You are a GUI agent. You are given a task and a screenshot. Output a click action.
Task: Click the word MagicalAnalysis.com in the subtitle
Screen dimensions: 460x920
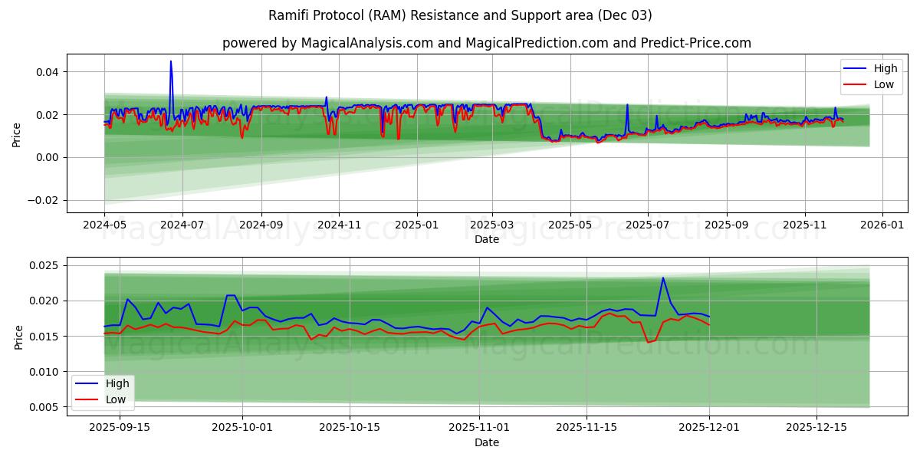coord(359,43)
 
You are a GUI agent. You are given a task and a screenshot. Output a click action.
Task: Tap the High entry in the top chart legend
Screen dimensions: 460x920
coord(885,68)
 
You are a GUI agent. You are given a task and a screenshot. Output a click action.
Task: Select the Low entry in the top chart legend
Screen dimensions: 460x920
coord(883,84)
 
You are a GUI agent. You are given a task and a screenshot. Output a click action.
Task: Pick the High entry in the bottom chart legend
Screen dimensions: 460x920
coord(116,383)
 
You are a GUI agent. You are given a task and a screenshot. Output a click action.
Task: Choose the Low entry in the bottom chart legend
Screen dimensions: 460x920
coord(115,399)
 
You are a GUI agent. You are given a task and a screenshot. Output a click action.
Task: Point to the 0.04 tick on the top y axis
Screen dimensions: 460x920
coord(48,72)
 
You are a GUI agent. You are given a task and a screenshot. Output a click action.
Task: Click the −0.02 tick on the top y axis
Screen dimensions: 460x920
coord(44,200)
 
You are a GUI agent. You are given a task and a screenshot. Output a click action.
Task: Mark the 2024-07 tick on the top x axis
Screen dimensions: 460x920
coord(182,225)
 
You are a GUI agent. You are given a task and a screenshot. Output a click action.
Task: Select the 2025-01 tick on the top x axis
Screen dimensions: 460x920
coord(416,225)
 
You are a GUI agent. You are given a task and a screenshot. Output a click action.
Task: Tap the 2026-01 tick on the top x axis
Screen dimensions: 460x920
coord(882,225)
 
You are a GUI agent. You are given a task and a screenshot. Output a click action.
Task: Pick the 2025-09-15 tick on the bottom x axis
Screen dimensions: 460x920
coord(120,428)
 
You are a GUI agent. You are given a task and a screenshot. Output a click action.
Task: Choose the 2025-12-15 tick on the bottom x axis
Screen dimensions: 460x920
coord(816,428)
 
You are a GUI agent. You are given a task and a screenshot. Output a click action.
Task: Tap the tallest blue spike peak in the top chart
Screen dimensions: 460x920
coord(171,61)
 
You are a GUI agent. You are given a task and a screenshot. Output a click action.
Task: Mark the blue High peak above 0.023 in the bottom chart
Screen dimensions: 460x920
coord(663,278)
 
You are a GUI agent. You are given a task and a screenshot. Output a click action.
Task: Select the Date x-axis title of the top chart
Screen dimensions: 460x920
coord(486,239)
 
